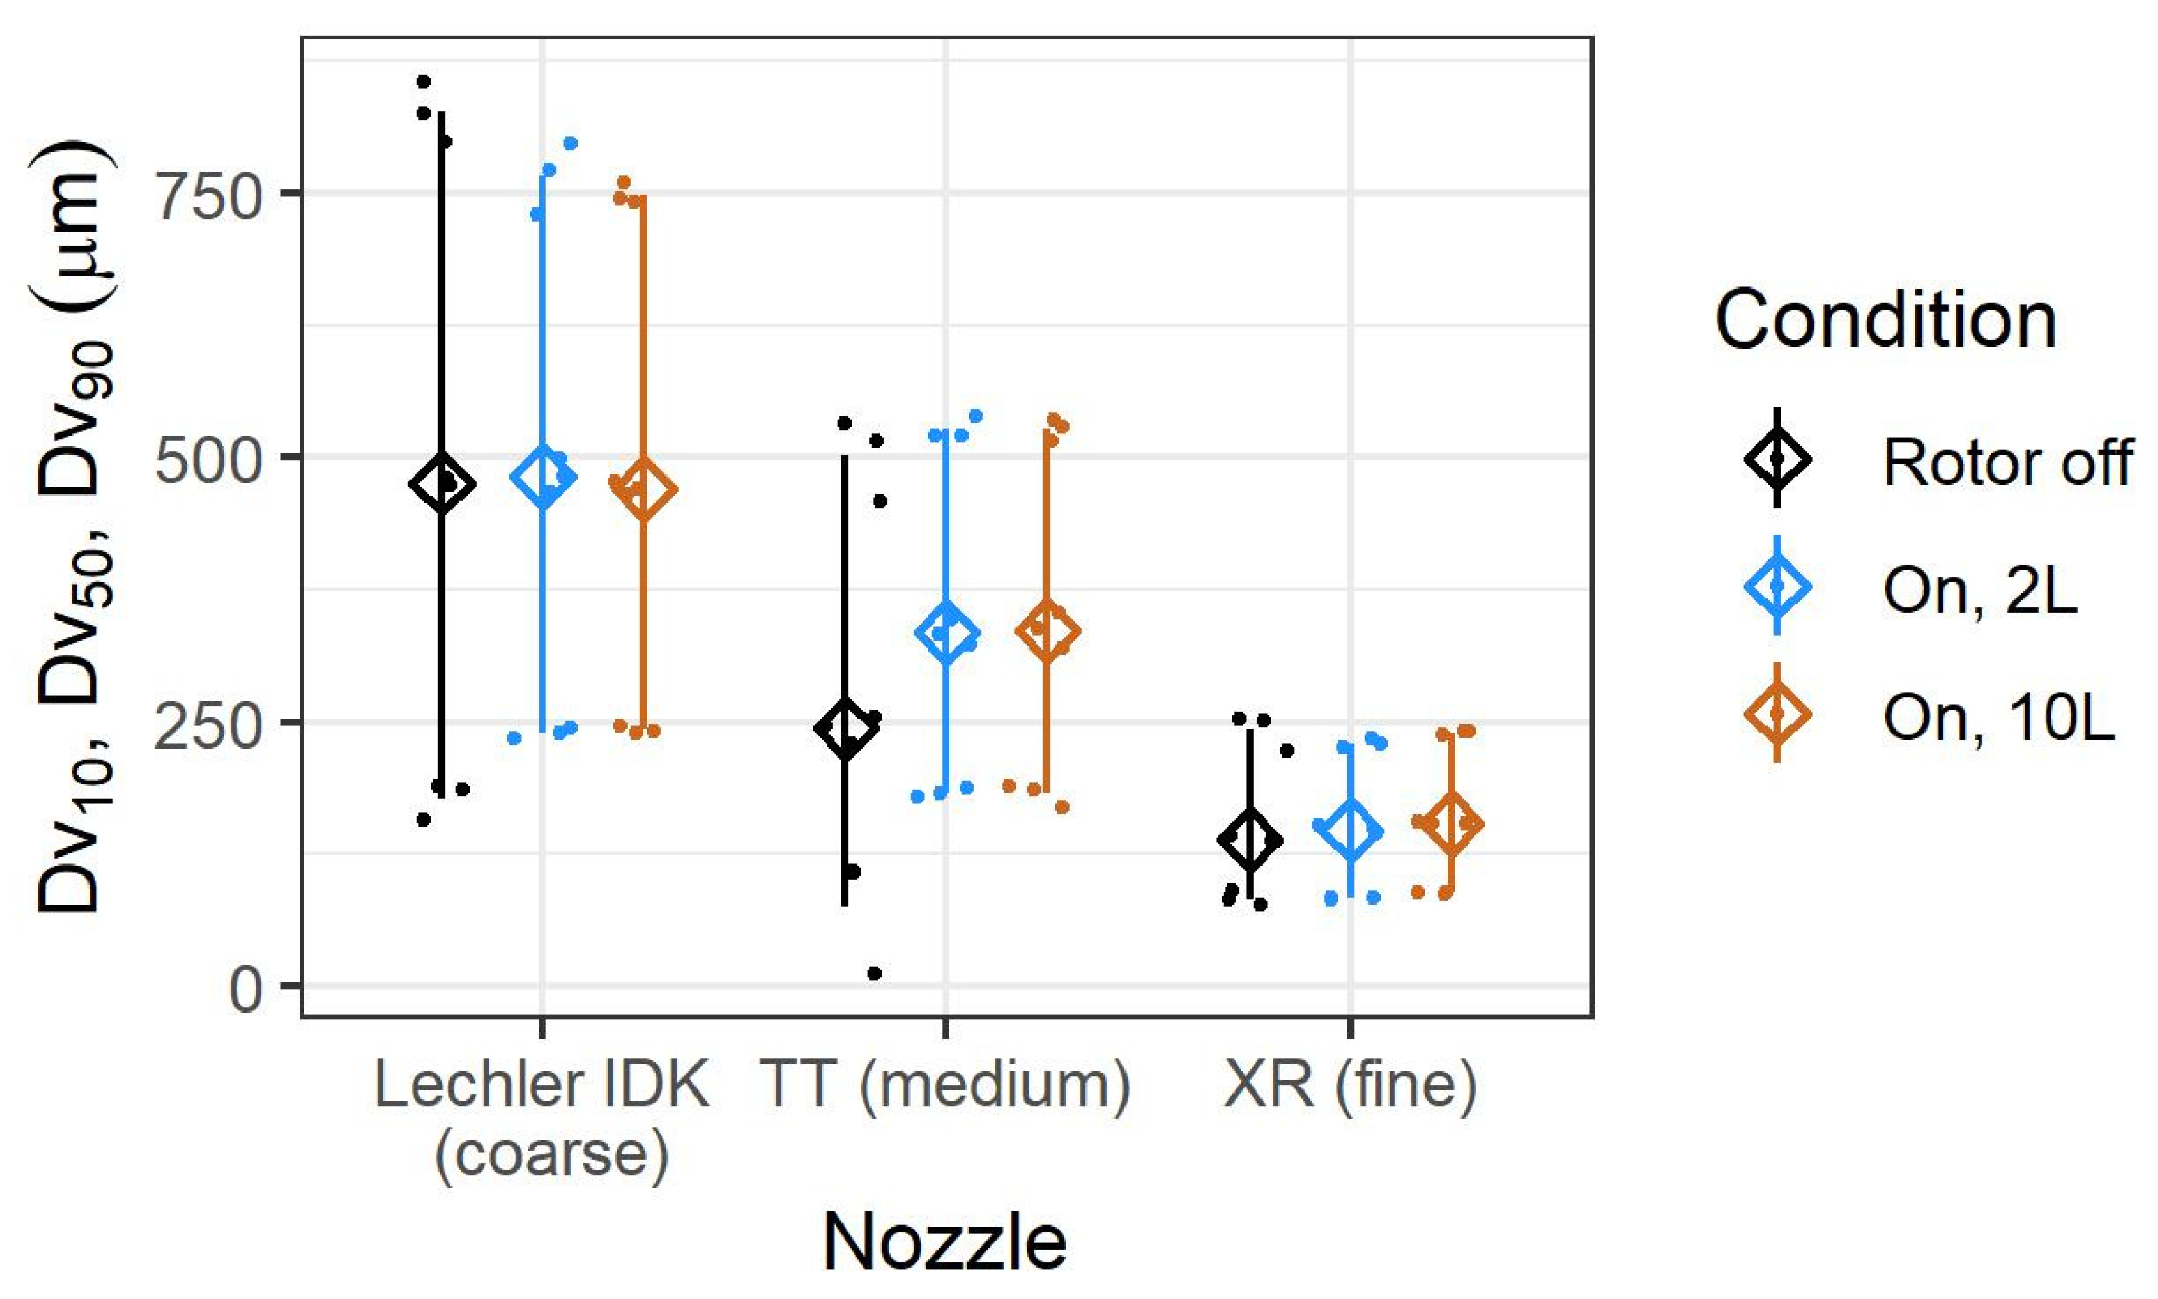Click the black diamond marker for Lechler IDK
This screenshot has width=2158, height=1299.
[442, 484]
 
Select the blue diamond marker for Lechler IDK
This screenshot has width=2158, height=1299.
[543, 477]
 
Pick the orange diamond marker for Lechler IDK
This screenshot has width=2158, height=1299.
[643, 490]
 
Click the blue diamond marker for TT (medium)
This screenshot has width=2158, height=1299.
[946, 633]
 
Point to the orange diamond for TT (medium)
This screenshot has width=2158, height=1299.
[1047, 631]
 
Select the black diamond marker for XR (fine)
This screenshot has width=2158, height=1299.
[1250, 840]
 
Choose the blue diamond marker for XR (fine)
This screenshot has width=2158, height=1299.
[1350, 831]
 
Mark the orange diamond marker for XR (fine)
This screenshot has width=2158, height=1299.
[1451, 824]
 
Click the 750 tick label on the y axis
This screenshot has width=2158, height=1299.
[208, 193]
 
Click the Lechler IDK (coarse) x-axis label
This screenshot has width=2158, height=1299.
[543, 1120]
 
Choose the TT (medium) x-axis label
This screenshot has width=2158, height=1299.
[946, 1086]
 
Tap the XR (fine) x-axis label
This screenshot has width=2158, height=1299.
[1350, 1086]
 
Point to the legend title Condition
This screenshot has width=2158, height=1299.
[1886, 321]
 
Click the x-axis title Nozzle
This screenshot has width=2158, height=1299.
[945, 1241]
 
